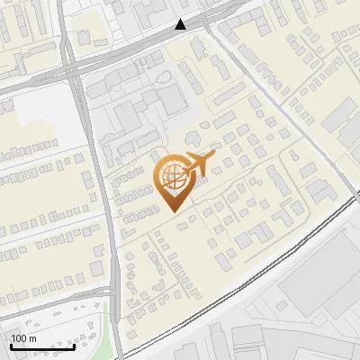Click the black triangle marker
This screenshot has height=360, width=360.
point(181,24)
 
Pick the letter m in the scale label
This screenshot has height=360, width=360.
point(34,338)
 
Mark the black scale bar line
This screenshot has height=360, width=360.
point(42,346)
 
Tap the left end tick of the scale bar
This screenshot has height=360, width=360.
point(11,345)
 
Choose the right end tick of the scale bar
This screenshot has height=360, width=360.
point(74,345)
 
